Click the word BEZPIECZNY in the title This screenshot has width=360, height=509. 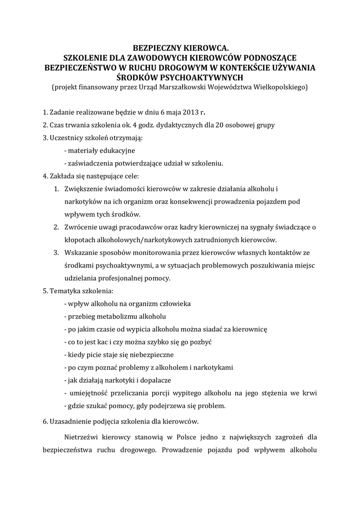point(155,48)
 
